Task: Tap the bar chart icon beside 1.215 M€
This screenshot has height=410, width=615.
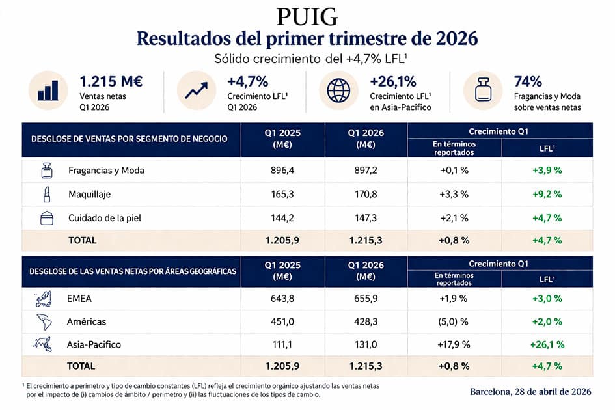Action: [48, 90]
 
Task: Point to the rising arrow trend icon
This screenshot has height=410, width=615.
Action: [196, 90]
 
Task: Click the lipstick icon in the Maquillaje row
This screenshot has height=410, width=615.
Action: [46, 194]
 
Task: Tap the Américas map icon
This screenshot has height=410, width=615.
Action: [45, 321]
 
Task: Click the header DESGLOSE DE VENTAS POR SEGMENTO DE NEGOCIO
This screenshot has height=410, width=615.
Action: [129, 139]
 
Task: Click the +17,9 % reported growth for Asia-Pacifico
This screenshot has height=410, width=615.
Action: [454, 344]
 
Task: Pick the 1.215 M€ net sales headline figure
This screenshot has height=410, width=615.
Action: [111, 81]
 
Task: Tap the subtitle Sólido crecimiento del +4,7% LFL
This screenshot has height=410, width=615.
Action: [307, 58]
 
